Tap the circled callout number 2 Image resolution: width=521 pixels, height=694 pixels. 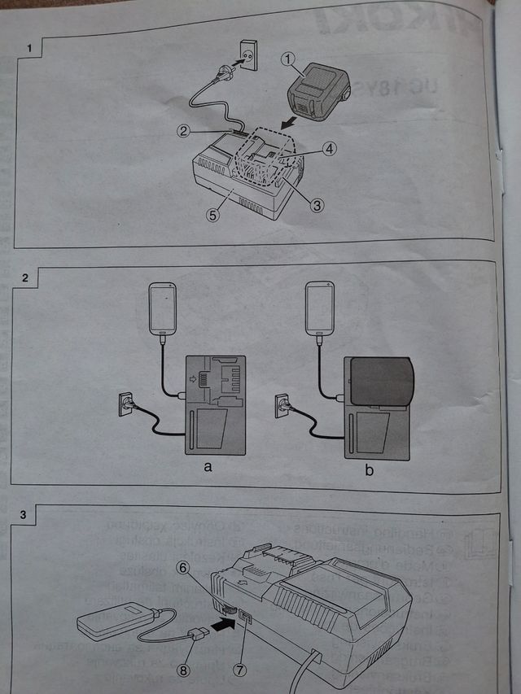click(186, 130)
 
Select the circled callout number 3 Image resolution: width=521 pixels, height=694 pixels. click(317, 205)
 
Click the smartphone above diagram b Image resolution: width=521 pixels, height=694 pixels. click(320, 307)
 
